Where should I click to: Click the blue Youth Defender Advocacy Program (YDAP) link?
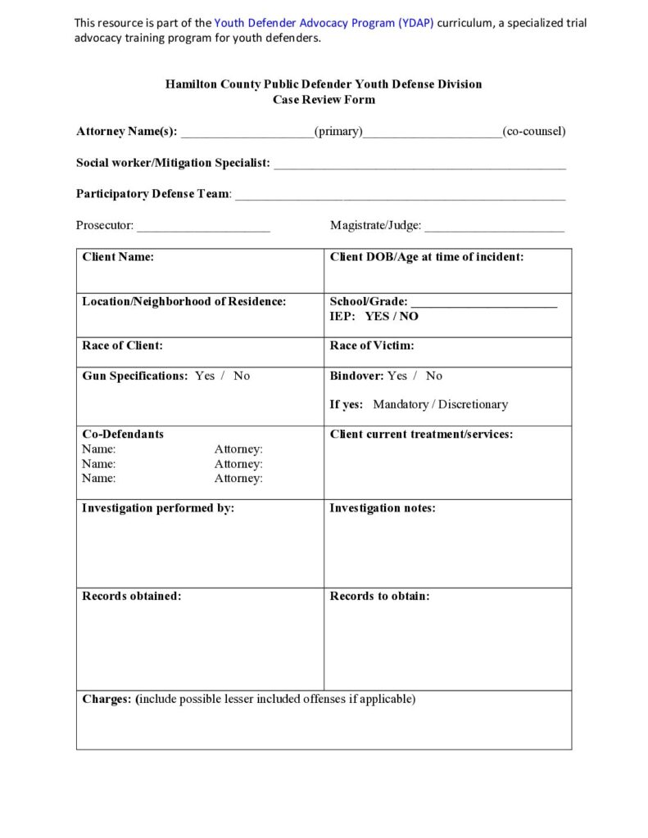324,23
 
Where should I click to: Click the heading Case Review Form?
324,100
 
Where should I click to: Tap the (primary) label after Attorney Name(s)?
338,131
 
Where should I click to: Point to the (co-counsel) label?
534,131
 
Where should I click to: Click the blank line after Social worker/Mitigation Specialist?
419,164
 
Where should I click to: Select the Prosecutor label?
105,225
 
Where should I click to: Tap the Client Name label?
118,257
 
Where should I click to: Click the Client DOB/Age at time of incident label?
427,257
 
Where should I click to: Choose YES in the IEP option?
377,316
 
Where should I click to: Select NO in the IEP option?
409,316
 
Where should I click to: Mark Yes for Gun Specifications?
205,376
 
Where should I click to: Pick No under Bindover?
434,376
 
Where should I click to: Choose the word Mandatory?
401,404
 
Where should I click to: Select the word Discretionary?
473,404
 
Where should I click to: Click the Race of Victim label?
372,345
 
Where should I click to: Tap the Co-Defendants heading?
123,434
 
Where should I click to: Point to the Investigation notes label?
383,508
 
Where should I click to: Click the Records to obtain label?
379,596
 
